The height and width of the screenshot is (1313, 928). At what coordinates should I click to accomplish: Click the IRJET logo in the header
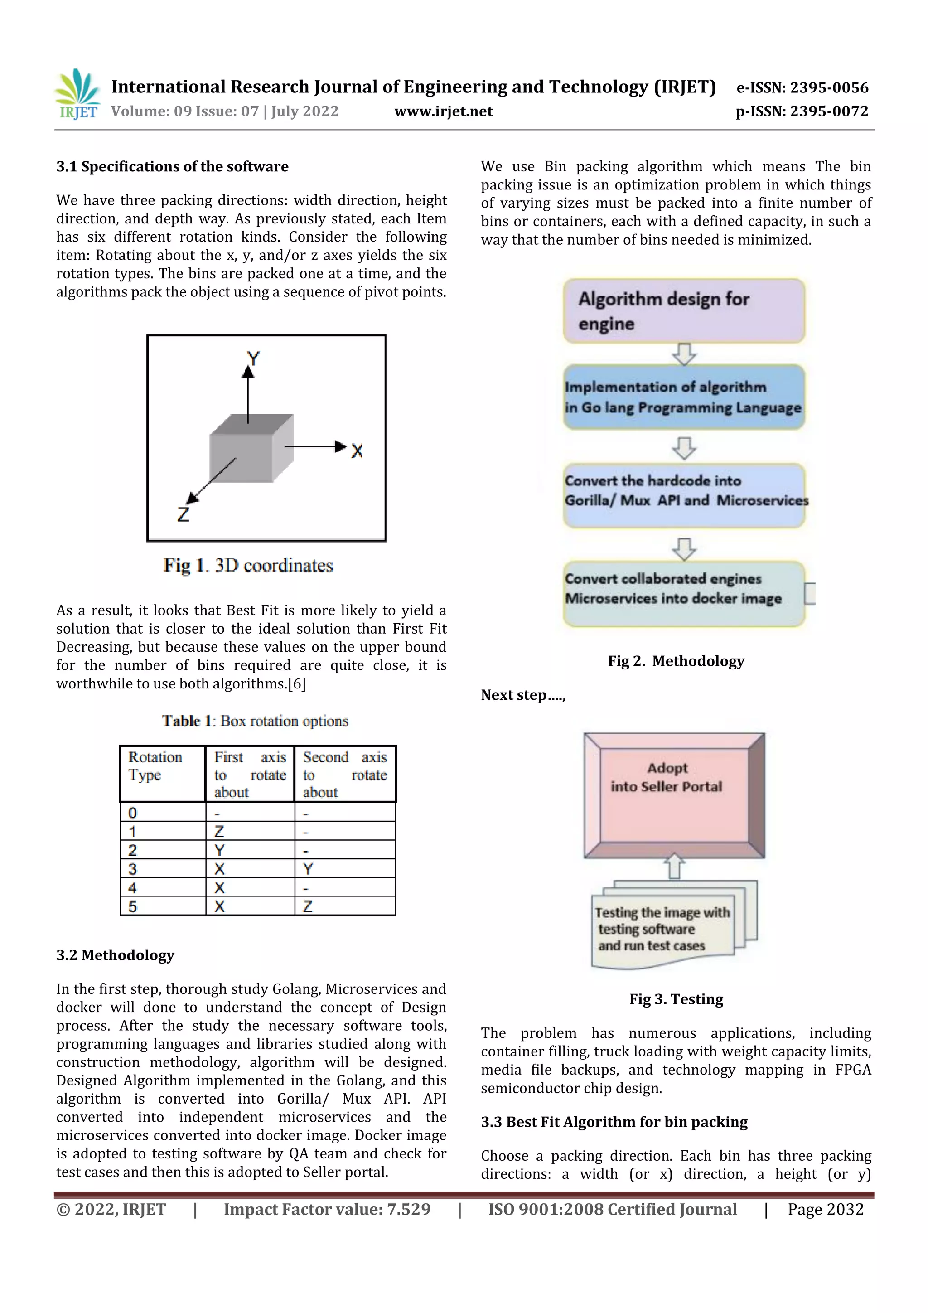77,94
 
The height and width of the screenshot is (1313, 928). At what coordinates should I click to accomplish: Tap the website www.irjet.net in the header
443,111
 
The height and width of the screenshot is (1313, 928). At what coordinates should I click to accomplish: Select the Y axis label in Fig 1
253,359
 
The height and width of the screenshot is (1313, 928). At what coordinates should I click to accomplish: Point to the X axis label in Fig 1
357,451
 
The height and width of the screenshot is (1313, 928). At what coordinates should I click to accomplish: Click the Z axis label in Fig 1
183,515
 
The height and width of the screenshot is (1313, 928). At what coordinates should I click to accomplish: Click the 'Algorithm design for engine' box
684,311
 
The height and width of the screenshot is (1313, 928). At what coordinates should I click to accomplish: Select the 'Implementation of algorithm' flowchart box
684,397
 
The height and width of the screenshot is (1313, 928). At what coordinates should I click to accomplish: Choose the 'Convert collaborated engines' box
684,593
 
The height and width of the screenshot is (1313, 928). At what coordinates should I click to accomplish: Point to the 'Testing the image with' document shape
663,929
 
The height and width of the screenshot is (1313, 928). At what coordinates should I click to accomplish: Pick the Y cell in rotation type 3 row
308,869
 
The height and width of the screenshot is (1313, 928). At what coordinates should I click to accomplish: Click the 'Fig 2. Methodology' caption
676,661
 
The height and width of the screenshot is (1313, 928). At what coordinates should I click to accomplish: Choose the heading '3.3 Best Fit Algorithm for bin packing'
614,1122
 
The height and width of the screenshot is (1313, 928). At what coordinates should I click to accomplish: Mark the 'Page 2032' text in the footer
825,1210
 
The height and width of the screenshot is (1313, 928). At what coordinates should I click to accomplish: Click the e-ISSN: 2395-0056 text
802,87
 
